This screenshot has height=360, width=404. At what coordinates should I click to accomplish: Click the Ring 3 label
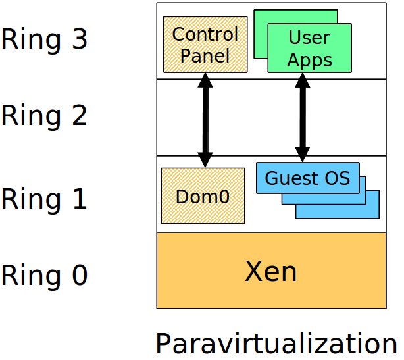tap(44, 40)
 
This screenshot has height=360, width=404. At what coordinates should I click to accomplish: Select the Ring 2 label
tap(44, 116)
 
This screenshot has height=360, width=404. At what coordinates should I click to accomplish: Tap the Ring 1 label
tap(44, 199)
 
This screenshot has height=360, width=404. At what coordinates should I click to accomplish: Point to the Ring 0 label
tap(44, 275)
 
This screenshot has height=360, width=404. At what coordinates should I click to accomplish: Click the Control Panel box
tap(205, 45)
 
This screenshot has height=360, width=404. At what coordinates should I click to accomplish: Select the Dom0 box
tap(203, 196)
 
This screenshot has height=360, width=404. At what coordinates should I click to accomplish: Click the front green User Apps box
tap(309, 48)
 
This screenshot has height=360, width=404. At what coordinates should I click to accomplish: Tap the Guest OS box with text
tap(308, 178)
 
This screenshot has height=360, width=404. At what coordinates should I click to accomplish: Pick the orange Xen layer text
tap(271, 271)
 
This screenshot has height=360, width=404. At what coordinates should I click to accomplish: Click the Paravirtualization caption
tap(276, 344)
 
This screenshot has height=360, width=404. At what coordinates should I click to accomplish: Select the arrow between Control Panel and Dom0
tap(205, 120)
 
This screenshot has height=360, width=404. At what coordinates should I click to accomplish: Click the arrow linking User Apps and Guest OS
tap(303, 118)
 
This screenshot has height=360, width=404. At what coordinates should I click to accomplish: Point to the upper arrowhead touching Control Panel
tap(205, 80)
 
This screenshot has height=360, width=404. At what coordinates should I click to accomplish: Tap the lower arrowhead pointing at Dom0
tap(205, 160)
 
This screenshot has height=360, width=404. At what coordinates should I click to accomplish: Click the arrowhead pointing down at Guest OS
tap(303, 155)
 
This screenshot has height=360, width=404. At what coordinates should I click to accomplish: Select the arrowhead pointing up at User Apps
tap(303, 80)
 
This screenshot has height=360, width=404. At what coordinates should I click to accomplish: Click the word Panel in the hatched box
tap(205, 56)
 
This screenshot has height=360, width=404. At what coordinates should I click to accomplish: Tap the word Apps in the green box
tap(309, 61)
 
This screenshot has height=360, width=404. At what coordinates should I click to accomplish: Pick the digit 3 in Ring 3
tap(80, 39)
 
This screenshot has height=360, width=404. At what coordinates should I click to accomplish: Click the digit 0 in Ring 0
tap(80, 274)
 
